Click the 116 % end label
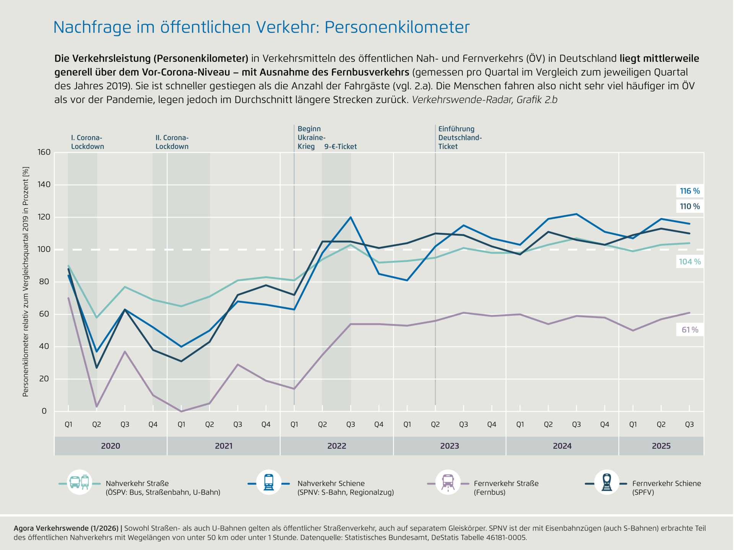(x=690, y=191)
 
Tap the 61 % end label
(x=690, y=330)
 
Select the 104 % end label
(x=690, y=262)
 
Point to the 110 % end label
(x=690, y=206)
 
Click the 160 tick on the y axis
(x=44, y=152)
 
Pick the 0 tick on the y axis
(x=44, y=411)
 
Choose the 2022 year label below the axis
(x=336, y=446)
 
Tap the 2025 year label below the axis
(x=661, y=446)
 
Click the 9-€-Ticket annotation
(x=340, y=147)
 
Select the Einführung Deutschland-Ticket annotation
(x=460, y=138)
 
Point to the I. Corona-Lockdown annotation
(x=87, y=142)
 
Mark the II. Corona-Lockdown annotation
(x=172, y=142)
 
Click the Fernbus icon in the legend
(x=448, y=482)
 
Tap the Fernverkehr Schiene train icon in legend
(x=607, y=482)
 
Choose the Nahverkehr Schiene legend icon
(x=269, y=482)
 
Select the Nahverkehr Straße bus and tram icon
(x=80, y=482)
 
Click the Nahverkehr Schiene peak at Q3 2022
(x=351, y=217)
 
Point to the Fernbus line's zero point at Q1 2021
(x=181, y=411)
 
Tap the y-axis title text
(x=26, y=282)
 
